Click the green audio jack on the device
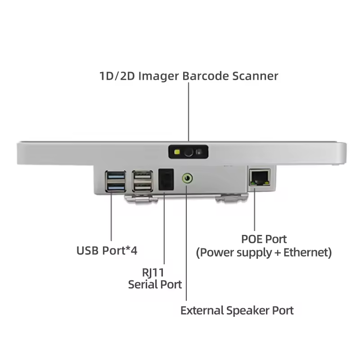tap(186, 179)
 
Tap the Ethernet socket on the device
tap(259, 177)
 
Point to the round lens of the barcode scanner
tap(189, 153)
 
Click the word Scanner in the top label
tap(255, 76)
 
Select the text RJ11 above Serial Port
tap(154, 273)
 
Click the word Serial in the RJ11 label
tap(143, 284)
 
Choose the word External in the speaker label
tap(202, 310)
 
